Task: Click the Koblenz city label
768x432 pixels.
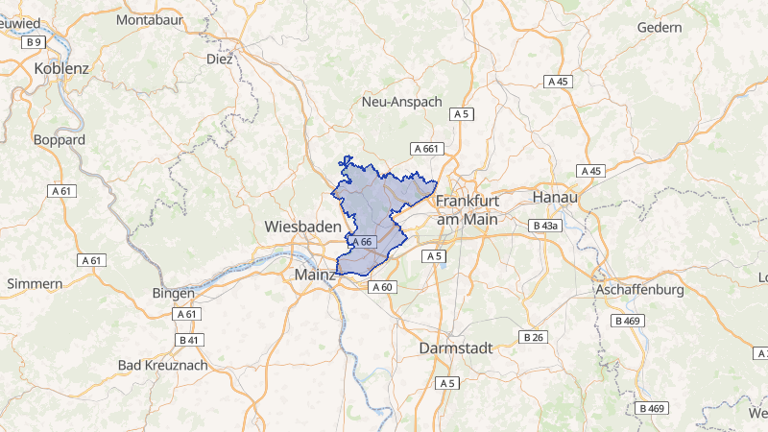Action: pos(60,68)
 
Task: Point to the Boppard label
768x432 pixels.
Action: pos(60,139)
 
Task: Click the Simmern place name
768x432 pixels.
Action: pos(35,283)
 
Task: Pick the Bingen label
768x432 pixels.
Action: pos(173,293)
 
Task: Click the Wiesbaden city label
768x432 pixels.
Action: pos(302,228)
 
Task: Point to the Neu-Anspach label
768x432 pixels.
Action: pos(401,101)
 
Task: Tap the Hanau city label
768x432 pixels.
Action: pos(554,197)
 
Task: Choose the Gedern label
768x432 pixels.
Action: pos(660,27)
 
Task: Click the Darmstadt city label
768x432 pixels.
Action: pos(456,348)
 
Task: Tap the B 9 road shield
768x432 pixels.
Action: pos(35,42)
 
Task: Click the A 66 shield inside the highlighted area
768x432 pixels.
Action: pos(362,242)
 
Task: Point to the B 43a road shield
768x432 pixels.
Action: pos(544,225)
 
